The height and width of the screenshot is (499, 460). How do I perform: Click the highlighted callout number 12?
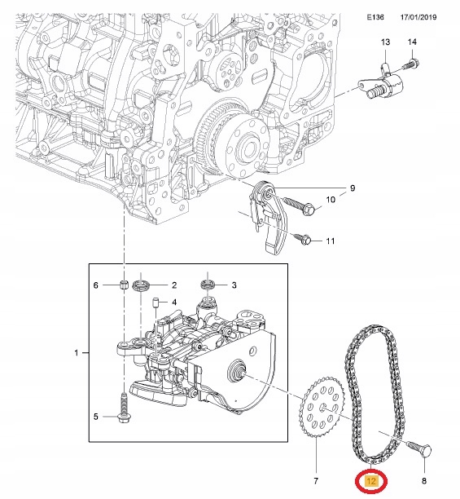(372, 481)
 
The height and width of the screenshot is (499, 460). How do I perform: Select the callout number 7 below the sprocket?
(315, 471)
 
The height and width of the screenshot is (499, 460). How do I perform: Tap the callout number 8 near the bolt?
(424, 471)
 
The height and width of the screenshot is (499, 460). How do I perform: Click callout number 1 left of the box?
(77, 353)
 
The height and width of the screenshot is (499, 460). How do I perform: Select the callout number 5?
(95, 417)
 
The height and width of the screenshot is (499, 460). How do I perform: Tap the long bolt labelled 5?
(123, 408)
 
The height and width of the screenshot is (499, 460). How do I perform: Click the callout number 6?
(95, 285)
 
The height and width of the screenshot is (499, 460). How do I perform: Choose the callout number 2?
(173, 285)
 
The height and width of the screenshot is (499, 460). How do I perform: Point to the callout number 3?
(234, 285)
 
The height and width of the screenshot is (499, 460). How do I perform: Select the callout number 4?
(173, 301)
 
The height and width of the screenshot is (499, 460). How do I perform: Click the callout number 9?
(353, 188)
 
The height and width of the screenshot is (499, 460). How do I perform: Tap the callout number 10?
(331, 200)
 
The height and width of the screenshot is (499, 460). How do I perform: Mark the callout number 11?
(330, 241)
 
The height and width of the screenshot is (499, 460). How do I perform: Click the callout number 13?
(385, 42)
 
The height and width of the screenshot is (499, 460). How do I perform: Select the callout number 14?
(412, 42)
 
